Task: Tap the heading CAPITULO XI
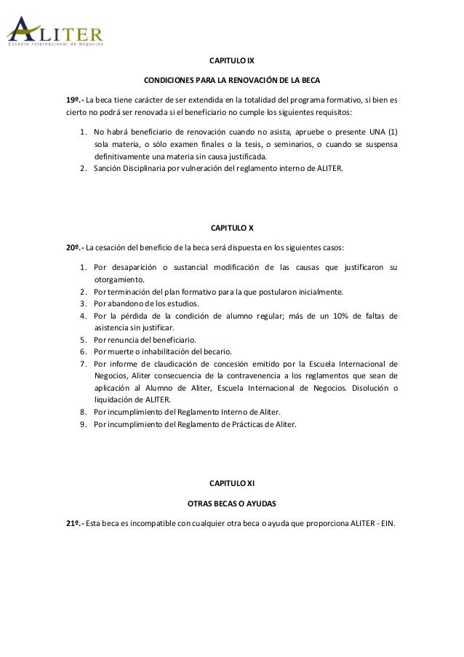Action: pyautogui.click(x=231, y=483)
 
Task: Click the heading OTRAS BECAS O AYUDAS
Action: pyautogui.click(x=231, y=503)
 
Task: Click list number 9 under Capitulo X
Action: pyautogui.click(x=84, y=423)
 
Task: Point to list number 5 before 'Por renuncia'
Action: pyautogui.click(x=84, y=340)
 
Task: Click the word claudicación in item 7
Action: pyautogui.click(x=172, y=364)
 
